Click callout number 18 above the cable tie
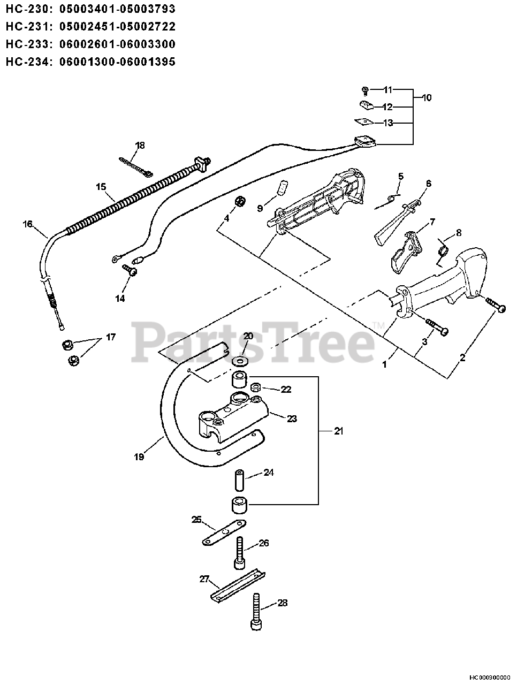coord(140,145)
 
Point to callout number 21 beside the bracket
coord(338,431)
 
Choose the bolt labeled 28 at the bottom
coord(257,611)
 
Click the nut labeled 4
coord(240,202)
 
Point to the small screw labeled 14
coord(131,271)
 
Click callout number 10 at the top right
coord(427,97)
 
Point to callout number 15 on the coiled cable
coord(101,186)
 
